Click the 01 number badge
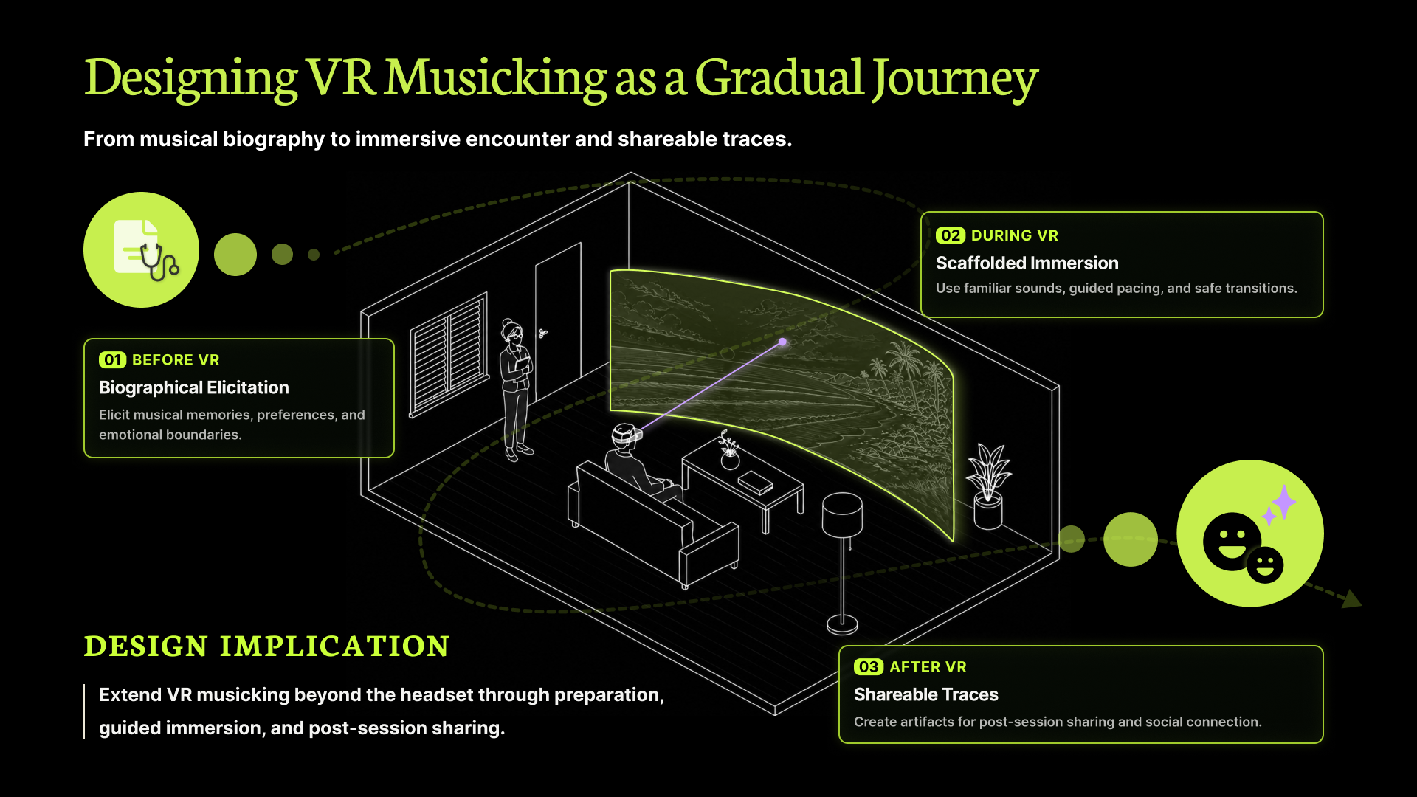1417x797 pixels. (x=112, y=360)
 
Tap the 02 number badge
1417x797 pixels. (x=950, y=235)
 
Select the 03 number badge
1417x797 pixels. (x=868, y=667)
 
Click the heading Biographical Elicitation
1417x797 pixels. (x=194, y=387)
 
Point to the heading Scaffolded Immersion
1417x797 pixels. (x=1027, y=263)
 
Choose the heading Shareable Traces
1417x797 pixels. (x=925, y=694)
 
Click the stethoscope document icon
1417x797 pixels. (x=146, y=250)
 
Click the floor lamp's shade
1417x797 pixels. (x=842, y=514)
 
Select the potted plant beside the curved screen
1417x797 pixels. (x=988, y=486)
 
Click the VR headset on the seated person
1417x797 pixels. (x=627, y=435)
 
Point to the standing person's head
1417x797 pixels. (x=511, y=332)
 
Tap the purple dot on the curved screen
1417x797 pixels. (x=783, y=342)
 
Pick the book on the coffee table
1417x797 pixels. (x=756, y=483)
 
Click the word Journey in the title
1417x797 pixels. (x=955, y=78)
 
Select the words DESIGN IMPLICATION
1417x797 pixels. (x=266, y=646)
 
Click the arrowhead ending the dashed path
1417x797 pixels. (x=1352, y=598)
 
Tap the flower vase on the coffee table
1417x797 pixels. (x=729, y=452)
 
